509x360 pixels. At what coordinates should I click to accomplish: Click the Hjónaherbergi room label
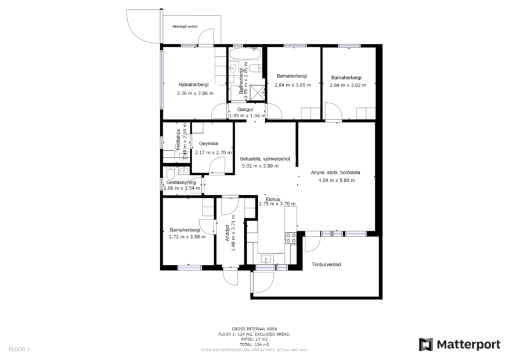click(193, 85)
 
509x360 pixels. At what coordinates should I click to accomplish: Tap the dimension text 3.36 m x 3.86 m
click(195, 93)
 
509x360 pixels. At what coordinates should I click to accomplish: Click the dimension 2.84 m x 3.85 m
click(293, 85)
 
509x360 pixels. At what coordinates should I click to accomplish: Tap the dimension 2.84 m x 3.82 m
click(346, 85)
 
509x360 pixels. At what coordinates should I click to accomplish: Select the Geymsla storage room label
click(208, 143)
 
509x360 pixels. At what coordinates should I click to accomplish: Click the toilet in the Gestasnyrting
click(169, 172)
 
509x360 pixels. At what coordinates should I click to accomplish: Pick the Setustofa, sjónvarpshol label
click(265, 159)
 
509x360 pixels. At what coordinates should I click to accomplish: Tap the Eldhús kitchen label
click(273, 199)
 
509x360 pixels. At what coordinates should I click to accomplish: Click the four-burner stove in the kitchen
click(290, 237)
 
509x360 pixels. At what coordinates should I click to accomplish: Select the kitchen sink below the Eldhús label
click(266, 258)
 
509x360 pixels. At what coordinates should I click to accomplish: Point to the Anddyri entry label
click(226, 232)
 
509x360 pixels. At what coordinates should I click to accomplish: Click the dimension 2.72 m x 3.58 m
click(187, 236)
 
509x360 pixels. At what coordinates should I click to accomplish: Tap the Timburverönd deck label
click(326, 264)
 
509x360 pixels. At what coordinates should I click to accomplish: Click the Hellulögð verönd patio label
click(185, 27)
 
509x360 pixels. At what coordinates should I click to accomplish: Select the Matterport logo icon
click(426, 344)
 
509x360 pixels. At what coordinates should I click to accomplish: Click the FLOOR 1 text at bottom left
click(19, 349)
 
